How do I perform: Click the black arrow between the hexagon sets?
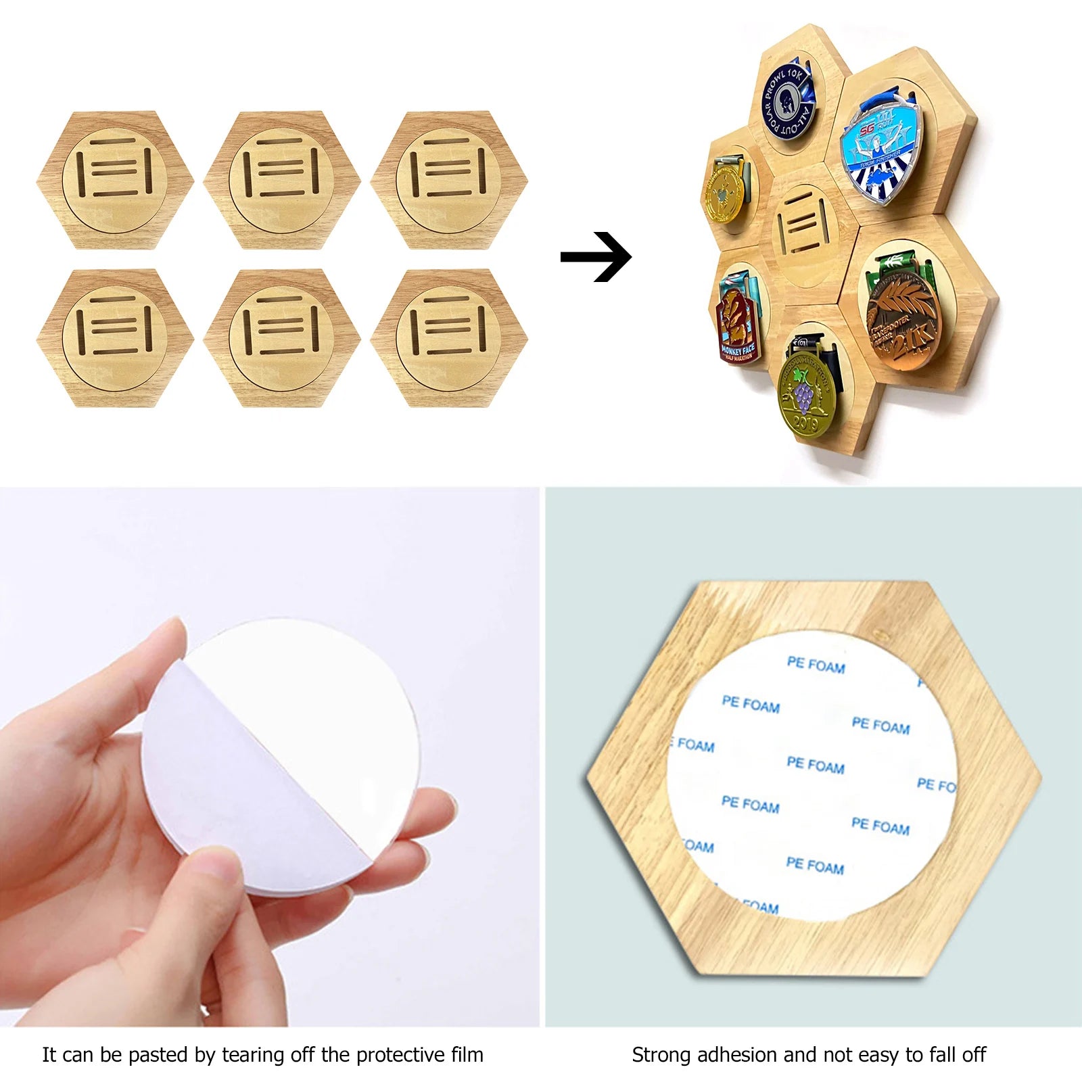pos(596,257)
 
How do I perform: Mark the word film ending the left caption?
pos(467,1055)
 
